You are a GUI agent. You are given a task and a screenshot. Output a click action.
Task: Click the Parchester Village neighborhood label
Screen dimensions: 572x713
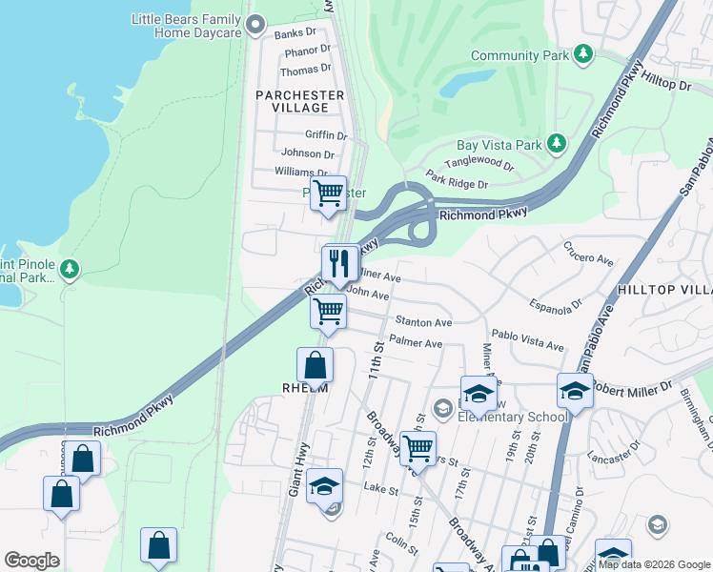pyautogui.click(x=299, y=101)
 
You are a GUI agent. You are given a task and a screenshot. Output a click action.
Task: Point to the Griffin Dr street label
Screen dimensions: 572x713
pyautogui.click(x=326, y=135)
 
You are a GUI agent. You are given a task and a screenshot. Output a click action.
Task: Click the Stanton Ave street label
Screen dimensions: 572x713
pyautogui.click(x=423, y=323)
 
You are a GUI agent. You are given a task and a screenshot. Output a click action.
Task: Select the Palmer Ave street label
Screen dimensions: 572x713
pyautogui.click(x=416, y=342)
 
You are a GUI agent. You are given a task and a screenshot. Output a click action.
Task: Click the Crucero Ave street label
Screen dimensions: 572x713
pyautogui.click(x=588, y=258)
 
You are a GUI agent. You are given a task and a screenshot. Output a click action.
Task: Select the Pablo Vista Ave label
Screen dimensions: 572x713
pyautogui.click(x=528, y=341)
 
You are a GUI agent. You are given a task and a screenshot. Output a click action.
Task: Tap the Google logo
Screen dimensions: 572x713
pyautogui.click(x=31, y=561)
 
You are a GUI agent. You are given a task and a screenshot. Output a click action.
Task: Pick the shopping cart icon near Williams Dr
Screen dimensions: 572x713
pyautogui.click(x=328, y=193)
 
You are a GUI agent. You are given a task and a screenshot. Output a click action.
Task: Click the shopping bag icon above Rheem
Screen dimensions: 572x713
pyautogui.click(x=315, y=364)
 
